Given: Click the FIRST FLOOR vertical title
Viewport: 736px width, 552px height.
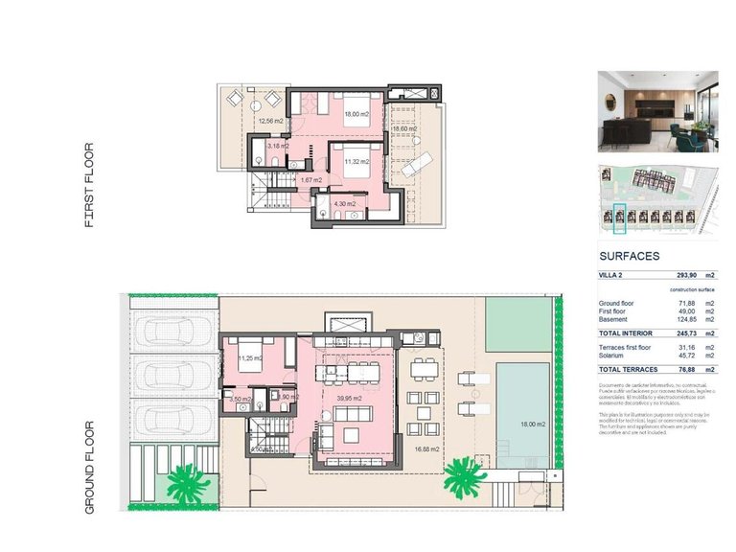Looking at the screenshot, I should pos(89,185).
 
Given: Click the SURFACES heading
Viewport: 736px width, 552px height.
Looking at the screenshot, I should pos(629,257).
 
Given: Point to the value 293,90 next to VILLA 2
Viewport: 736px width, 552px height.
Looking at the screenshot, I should pos(679,275).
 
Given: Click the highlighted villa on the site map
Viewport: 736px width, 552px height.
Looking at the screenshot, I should pos(619,218).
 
